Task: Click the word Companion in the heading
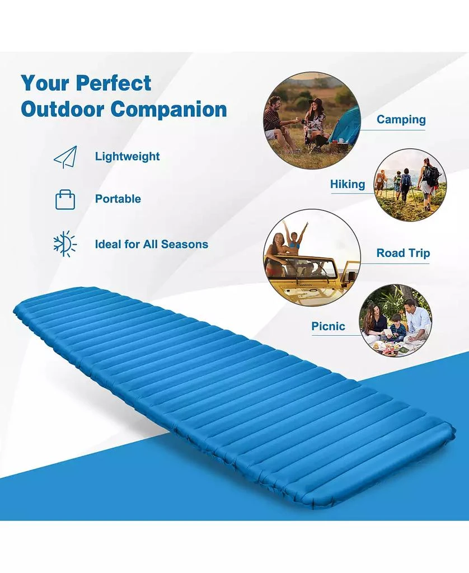click(x=168, y=109)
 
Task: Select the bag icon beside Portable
click(x=65, y=199)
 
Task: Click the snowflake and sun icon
click(x=64, y=244)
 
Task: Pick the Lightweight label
click(x=127, y=157)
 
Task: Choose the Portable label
click(x=118, y=199)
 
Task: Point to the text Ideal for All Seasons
click(x=151, y=245)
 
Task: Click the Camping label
click(x=401, y=120)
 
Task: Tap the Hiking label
click(x=347, y=184)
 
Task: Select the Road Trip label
click(x=403, y=253)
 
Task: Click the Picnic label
click(x=328, y=326)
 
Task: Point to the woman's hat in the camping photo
click(x=316, y=102)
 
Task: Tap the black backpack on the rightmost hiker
click(x=432, y=175)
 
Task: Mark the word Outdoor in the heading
click(x=62, y=109)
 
